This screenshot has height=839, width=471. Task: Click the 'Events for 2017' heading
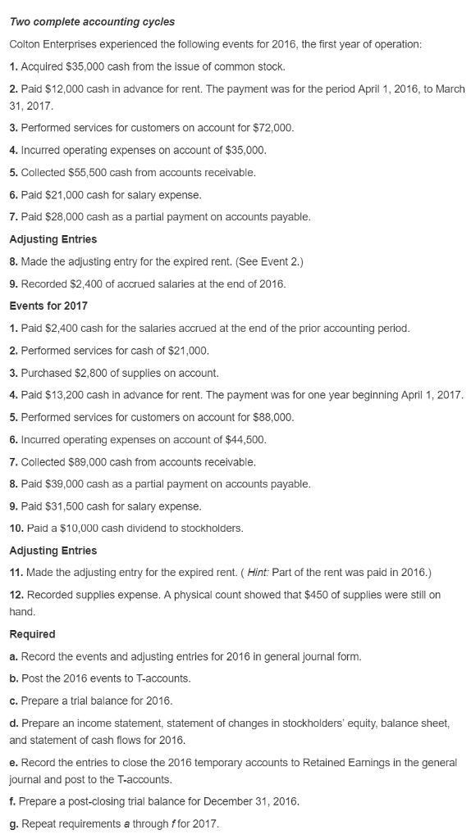[48, 306]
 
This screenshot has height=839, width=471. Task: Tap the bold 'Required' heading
[32, 634]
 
